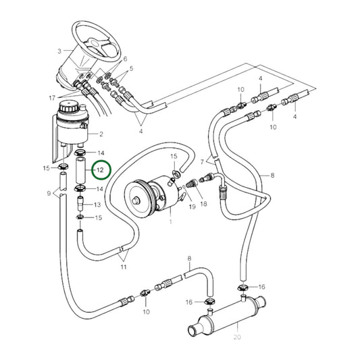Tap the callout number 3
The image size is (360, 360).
[x=59, y=51]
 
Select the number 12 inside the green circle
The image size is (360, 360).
[x=99, y=170]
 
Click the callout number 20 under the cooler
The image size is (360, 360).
[x=236, y=337]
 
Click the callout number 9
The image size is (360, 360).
[x=49, y=195]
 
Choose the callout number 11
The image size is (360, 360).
[x=124, y=267]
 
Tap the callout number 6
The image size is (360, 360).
[x=124, y=59]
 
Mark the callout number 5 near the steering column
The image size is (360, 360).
[x=131, y=69]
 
